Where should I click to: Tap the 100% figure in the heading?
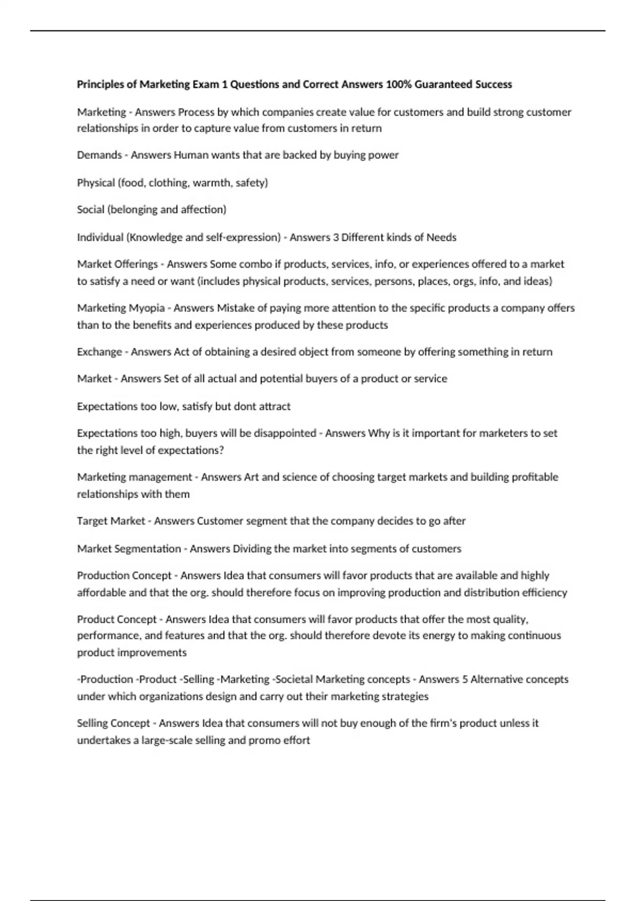coord(399,84)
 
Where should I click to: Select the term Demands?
coord(99,155)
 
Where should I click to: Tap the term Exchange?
coord(99,352)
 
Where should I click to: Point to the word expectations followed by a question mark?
coord(189,450)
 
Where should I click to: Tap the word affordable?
coord(101,593)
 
